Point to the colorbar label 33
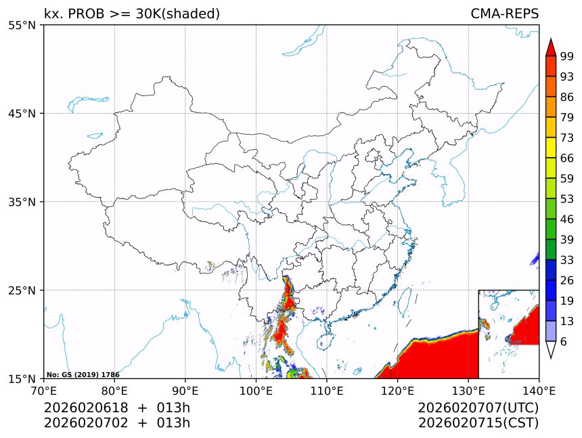point(567,260)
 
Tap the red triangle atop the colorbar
point(551,47)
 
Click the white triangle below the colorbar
point(551,349)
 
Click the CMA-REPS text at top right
point(504,14)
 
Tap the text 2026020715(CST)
point(478,423)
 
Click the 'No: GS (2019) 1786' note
point(83,374)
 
